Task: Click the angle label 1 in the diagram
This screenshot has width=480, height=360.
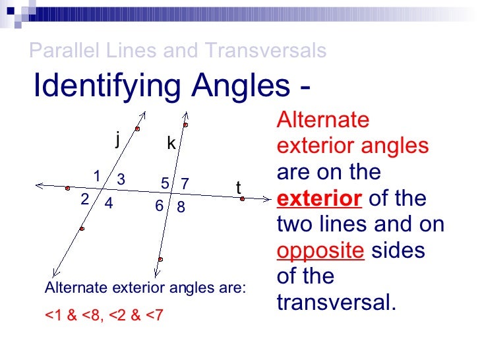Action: click(x=96, y=176)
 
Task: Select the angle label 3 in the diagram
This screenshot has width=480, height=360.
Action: click(x=121, y=179)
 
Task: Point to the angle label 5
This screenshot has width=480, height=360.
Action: click(x=165, y=183)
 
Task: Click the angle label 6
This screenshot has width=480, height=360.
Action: click(x=160, y=206)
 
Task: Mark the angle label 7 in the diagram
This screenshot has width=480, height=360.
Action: click(x=185, y=183)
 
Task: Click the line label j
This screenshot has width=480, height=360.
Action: click(x=117, y=139)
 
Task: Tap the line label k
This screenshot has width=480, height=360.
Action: click(x=171, y=144)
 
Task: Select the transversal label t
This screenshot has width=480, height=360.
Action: click(x=239, y=188)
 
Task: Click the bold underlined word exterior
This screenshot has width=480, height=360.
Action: click(x=319, y=198)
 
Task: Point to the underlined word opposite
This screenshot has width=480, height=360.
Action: click(x=320, y=251)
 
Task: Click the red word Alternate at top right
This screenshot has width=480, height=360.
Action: click(x=323, y=120)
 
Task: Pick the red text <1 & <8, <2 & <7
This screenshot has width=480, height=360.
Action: click(x=104, y=315)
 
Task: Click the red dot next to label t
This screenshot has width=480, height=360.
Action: click(x=243, y=198)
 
